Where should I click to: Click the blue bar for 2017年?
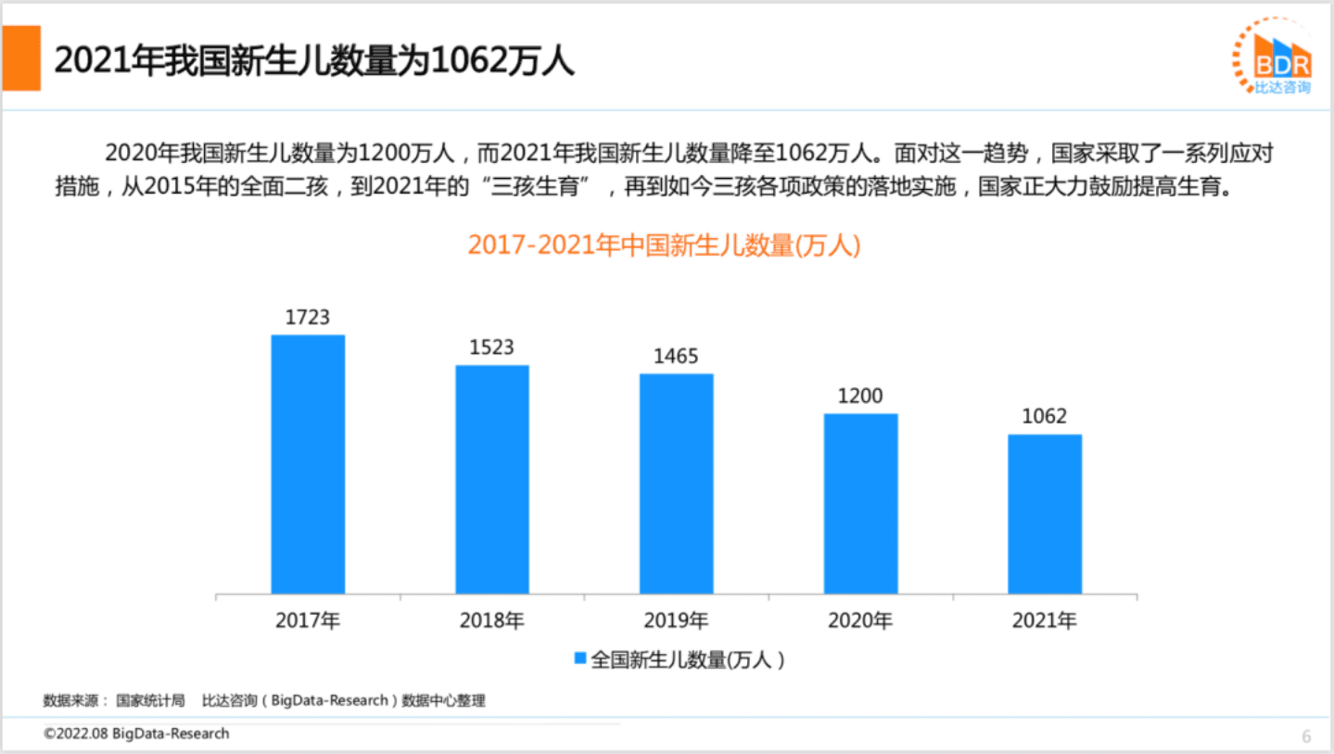click(308, 464)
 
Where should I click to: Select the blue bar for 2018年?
click(492, 479)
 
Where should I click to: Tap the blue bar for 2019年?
click(676, 484)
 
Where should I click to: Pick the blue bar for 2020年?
click(860, 503)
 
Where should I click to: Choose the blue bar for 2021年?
click(1045, 514)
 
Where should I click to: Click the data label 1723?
click(308, 318)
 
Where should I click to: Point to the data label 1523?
click(492, 348)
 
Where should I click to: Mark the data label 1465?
click(676, 357)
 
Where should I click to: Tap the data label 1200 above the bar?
click(860, 396)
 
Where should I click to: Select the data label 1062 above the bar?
click(1045, 417)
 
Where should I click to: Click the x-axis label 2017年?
click(308, 621)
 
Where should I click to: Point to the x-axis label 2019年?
click(676, 621)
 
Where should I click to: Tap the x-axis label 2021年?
click(1045, 621)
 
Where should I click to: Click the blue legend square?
click(579, 660)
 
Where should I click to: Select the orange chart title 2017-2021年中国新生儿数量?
click(664, 245)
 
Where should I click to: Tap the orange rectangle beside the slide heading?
click(20, 58)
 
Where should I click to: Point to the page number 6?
click(1306, 737)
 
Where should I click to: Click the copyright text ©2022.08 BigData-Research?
click(136, 734)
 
